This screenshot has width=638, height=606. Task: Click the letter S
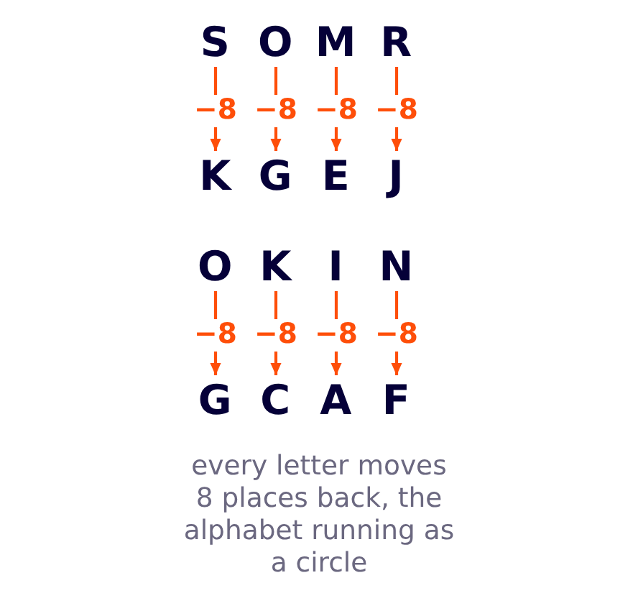(x=215, y=42)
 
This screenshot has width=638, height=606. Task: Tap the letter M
(x=336, y=42)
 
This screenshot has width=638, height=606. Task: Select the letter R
(x=397, y=42)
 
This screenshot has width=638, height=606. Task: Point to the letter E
(x=336, y=175)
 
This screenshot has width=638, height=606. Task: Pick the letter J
(x=394, y=178)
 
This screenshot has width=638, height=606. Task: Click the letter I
(x=336, y=266)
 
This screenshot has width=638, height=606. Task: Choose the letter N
(x=396, y=266)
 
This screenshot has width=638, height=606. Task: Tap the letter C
(x=275, y=399)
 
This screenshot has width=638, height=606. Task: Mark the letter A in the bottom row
(x=336, y=399)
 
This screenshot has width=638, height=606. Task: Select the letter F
(x=396, y=399)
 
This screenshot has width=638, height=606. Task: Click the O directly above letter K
(x=215, y=266)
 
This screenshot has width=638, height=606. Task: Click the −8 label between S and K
(x=216, y=109)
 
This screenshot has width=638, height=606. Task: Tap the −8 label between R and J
(x=397, y=109)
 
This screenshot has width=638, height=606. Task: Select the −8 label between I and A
(x=337, y=334)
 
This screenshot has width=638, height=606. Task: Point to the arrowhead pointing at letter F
(x=397, y=368)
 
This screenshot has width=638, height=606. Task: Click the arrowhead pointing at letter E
(x=336, y=144)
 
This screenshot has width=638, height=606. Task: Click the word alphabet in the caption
(x=243, y=530)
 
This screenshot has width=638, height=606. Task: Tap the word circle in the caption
(x=331, y=562)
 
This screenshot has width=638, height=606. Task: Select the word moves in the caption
(x=402, y=466)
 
